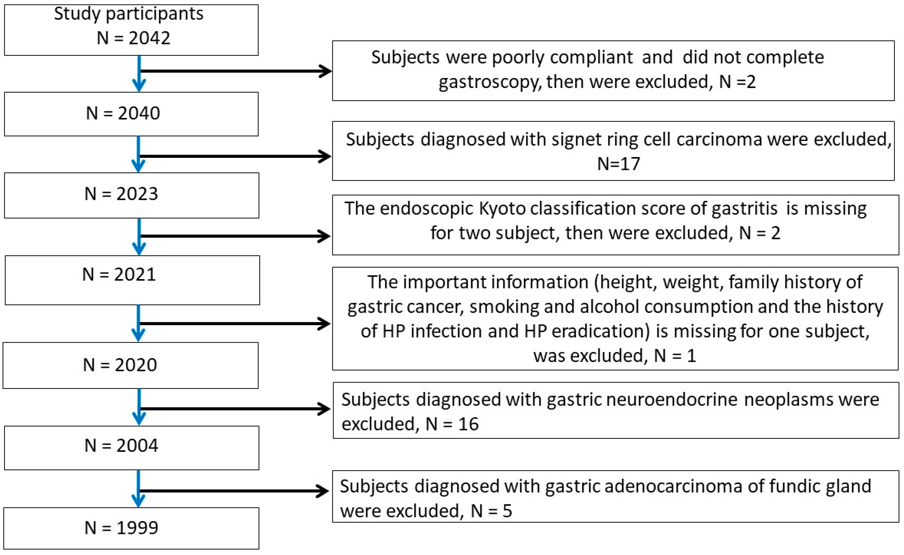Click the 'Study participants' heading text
tap(128, 14)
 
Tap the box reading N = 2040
tap(131, 114)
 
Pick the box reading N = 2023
tap(131, 195)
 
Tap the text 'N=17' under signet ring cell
tap(619, 164)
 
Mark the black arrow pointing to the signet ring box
tap(235, 156)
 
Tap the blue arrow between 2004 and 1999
tap(138, 489)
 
